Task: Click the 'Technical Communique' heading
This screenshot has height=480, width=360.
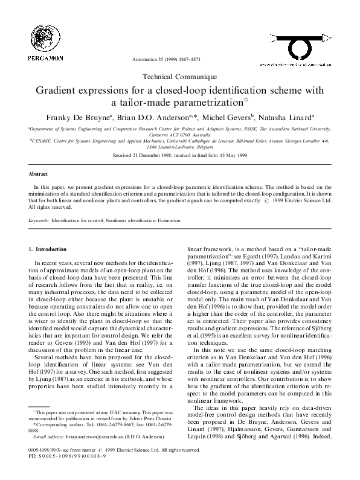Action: pos(179,77)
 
